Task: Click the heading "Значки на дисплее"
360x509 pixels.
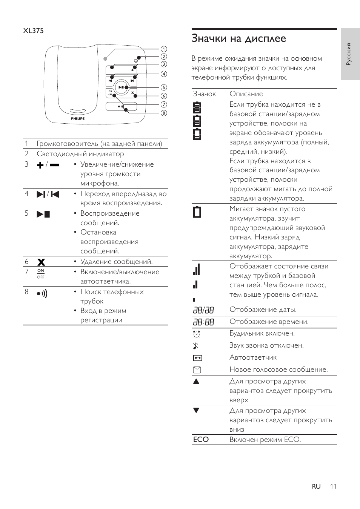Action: click(x=238, y=38)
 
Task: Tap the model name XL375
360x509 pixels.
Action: click(x=33, y=31)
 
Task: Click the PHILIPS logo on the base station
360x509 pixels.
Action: click(x=78, y=118)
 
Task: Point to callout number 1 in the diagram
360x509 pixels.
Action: click(x=163, y=49)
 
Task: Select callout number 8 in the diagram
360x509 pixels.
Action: click(x=163, y=113)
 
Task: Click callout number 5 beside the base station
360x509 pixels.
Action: click(x=163, y=87)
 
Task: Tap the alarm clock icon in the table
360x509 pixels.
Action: click(x=197, y=334)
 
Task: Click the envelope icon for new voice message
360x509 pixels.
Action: click(x=197, y=370)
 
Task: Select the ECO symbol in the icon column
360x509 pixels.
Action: click(x=201, y=440)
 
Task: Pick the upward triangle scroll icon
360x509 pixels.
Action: click(x=196, y=381)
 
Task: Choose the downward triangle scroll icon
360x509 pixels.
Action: click(x=196, y=411)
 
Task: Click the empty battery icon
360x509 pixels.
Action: click(x=197, y=212)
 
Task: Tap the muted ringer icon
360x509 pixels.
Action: click(x=196, y=346)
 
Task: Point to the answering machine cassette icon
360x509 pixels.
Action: click(x=197, y=358)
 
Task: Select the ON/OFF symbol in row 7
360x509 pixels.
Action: click(x=41, y=274)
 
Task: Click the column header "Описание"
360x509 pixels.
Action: click(x=246, y=94)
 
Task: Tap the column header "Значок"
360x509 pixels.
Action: click(x=204, y=94)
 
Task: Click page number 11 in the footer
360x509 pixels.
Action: click(x=332, y=486)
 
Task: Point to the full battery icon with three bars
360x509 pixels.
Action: click(x=197, y=108)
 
